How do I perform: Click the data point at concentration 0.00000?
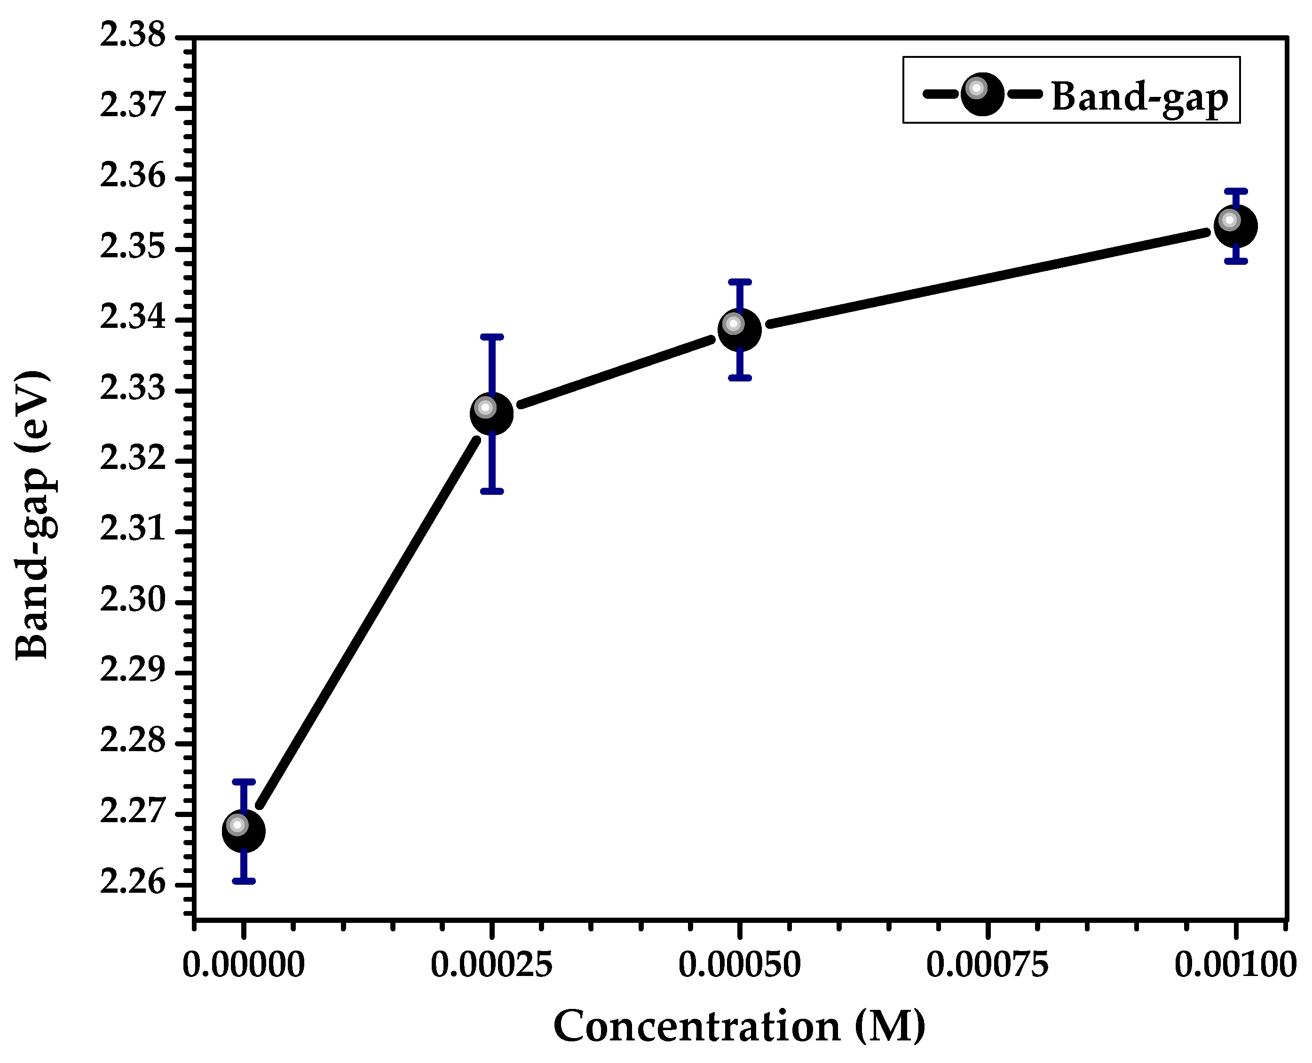(x=244, y=831)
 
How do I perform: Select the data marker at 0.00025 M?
(x=491, y=414)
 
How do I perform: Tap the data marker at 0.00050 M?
(x=740, y=330)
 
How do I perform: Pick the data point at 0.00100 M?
(x=1235, y=226)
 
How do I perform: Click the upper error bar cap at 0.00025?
(x=491, y=337)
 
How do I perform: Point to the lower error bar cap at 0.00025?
(x=491, y=491)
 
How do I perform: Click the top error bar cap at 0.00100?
(x=1235, y=191)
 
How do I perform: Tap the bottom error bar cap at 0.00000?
(x=244, y=881)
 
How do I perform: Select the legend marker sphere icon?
(x=982, y=94)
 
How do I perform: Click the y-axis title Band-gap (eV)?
(x=32, y=515)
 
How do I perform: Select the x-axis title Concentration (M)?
(x=739, y=1026)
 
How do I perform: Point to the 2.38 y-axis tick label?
(x=133, y=36)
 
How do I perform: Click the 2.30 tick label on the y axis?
(x=133, y=600)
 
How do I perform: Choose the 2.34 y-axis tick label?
(x=133, y=318)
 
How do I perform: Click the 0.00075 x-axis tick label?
(x=987, y=965)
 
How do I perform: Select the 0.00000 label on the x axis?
(x=244, y=965)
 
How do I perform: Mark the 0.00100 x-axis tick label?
(x=1235, y=965)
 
